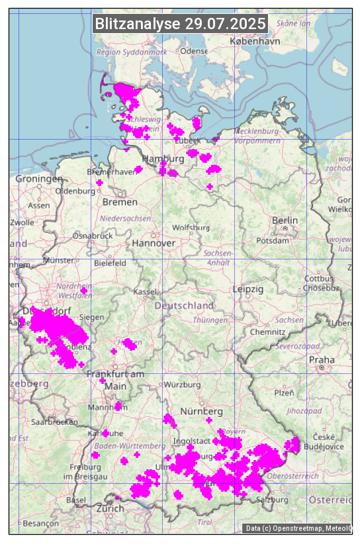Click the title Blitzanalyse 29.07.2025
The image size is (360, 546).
pyautogui.click(x=181, y=24)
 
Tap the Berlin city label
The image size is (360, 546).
pyautogui.click(x=285, y=220)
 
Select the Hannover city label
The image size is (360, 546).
pyautogui.click(x=154, y=243)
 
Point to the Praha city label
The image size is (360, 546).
pyautogui.click(x=322, y=360)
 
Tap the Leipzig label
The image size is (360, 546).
pyautogui.click(x=248, y=289)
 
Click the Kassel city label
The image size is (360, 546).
pyautogui.click(x=144, y=292)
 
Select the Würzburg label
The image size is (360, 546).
pyautogui.click(x=182, y=385)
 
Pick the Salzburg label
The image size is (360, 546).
pyautogui.click(x=272, y=500)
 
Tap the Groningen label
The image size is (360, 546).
pyautogui.click(x=39, y=179)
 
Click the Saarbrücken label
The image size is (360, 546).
pyautogui.click(x=54, y=422)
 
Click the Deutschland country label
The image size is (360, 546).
pyautogui.click(x=184, y=306)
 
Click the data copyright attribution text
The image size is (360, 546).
pyautogui.click(x=298, y=528)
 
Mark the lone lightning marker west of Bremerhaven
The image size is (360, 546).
pyautogui.click(x=99, y=183)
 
